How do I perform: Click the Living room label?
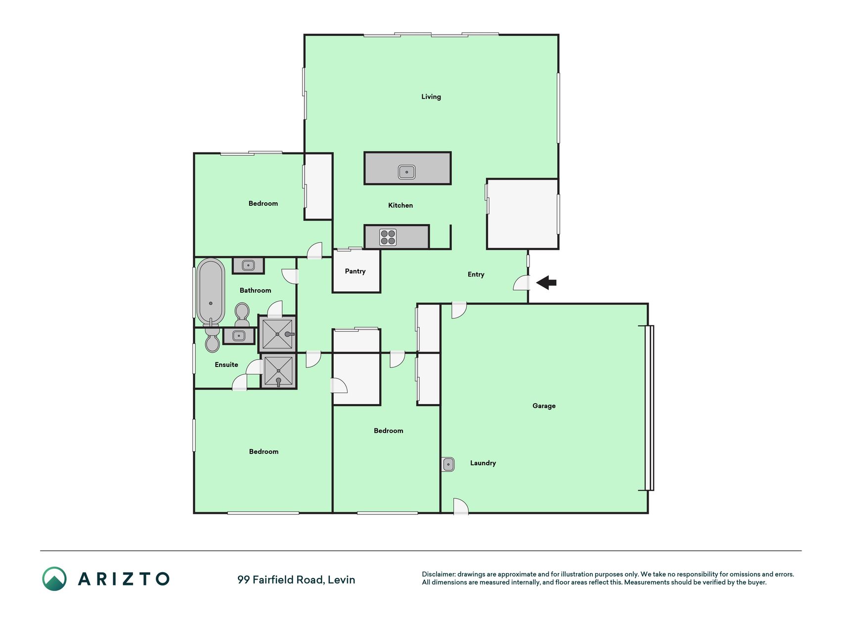(431, 97)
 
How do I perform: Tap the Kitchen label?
(400, 205)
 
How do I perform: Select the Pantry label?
(355, 271)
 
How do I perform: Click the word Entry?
(476, 274)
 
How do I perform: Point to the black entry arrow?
(546, 283)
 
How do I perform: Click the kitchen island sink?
(406, 172)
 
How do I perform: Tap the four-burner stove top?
(388, 237)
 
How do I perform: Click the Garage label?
(544, 406)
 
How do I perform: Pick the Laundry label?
(483, 463)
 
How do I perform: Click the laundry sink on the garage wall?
(448, 464)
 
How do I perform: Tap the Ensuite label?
(226, 365)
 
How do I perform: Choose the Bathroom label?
(255, 291)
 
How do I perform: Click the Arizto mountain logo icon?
(54, 579)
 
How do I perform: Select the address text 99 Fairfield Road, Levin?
(296, 580)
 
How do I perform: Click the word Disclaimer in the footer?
(439, 575)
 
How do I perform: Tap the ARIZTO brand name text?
(124, 579)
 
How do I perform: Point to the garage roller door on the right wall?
(649, 408)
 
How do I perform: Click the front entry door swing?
(521, 282)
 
